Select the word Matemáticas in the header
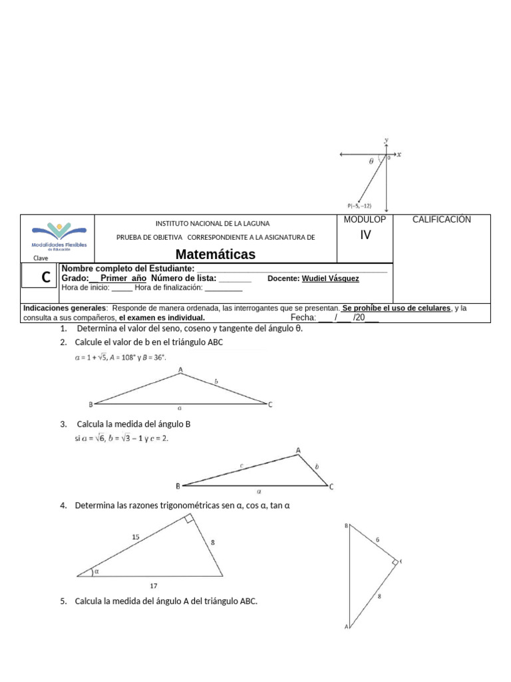[216, 255]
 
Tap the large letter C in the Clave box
[46, 278]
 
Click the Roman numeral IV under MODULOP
[365, 235]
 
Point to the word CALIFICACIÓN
[442, 220]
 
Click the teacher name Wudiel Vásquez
[330, 278]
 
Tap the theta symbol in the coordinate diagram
[371, 161]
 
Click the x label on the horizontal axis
[399, 155]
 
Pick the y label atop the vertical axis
[386, 140]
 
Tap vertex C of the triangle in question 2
[270, 404]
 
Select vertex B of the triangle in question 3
[177, 486]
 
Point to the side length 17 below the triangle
[154, 586]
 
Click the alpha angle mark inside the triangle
[96, 570]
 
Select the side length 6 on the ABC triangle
[377, 539]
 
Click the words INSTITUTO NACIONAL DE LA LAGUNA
[212, 223]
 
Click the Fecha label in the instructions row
[303, 318]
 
